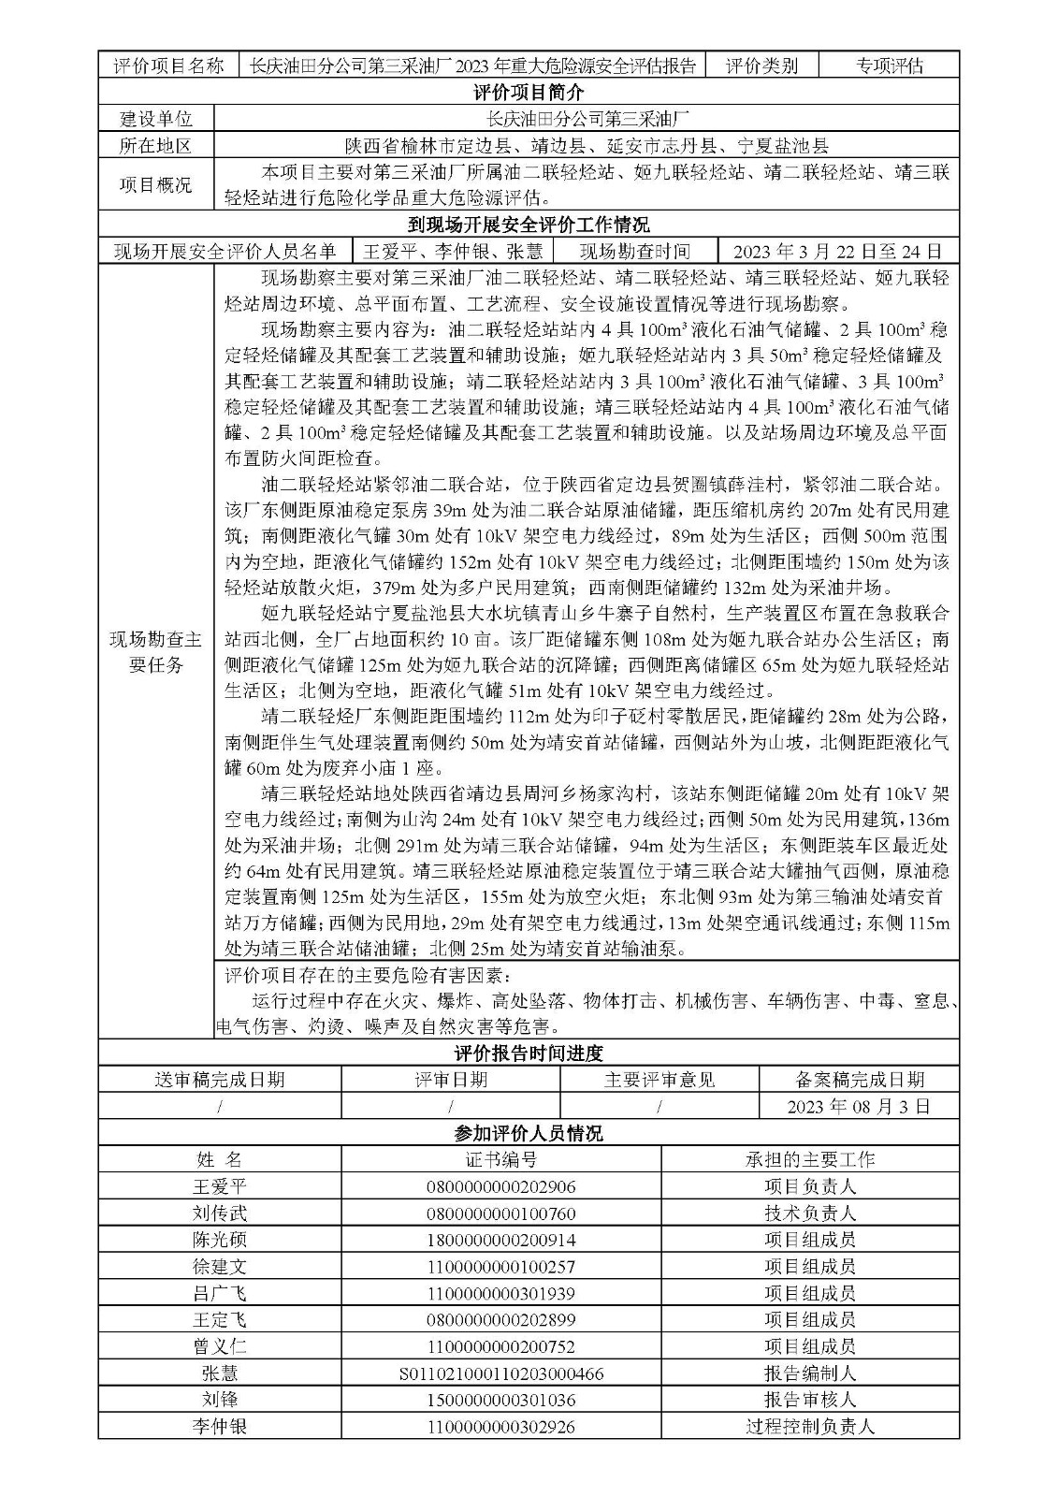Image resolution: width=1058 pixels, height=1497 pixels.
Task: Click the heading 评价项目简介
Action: click(x=529, y=92)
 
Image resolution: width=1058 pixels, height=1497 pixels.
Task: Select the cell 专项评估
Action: click(x=889, y=65)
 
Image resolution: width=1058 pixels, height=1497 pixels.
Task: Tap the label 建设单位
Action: click(x=156, y=119)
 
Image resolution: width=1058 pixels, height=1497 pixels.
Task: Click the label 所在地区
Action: click(x=156, y=146)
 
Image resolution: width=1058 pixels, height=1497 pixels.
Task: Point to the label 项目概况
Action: click(x=156, y=184)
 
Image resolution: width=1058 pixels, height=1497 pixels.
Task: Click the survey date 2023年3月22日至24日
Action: click(x=837, y=252)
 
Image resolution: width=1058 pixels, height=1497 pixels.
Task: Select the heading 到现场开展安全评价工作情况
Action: click(x=529, y=225)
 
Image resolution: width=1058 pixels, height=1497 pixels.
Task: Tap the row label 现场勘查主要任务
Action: click(x=156, y=652)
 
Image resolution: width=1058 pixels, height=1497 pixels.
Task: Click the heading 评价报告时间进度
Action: click(x=529, y=1053)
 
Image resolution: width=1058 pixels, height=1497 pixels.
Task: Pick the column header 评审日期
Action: click(x=451, y=1079)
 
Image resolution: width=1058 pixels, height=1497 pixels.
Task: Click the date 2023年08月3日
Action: click(x=859, y=1106)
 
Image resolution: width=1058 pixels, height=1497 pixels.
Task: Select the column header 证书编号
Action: click(x=500, y=1159)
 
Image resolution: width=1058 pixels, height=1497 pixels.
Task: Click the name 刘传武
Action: click(x=220, y=1214)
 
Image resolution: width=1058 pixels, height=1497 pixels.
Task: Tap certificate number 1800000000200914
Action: click(x=500, y=1240)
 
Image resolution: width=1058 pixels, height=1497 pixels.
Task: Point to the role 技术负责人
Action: click(x=809, y=1214)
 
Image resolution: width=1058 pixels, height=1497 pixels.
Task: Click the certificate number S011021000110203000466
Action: click(x=500, y=1373)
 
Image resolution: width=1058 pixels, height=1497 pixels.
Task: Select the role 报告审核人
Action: click(x=809, y=1401)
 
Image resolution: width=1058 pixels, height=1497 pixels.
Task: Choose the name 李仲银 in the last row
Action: click(x=220, y=1427)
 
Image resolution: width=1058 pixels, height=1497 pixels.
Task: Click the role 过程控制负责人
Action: click(x=809, y=1427)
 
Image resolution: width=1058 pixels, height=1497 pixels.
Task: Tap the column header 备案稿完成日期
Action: click(x=859, y=1079)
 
